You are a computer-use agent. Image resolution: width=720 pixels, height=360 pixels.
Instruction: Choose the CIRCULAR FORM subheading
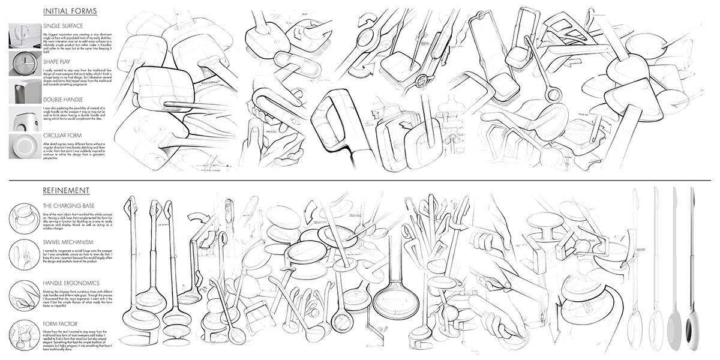(x=63, y=135)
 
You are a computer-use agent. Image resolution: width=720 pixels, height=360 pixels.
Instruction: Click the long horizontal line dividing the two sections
(x=360, y=179)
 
